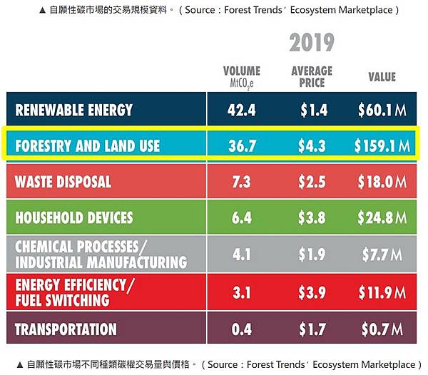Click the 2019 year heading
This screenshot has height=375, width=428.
pyautogui.click(x=312, y=42)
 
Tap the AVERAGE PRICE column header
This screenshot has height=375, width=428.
pyautogui.click(x=312, y=76)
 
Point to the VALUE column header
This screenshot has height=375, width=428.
pyautogui.click(x=382, y=76)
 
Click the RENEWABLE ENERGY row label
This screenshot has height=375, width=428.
pyautogui.click(x=74, y=110)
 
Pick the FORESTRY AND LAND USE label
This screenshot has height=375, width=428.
pyautogui.click(x=88, y=146)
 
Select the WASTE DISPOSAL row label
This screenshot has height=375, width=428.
pyautogui.click(x=63, y=182)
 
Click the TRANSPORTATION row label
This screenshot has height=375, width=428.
pyautogui.click(x=66, y=329)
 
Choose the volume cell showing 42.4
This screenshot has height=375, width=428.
pyautogui.click(x=242, y=110)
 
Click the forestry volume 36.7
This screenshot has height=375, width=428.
pyautogui.click(x=242, y=146)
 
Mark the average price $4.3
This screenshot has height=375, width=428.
pyautogui.click(x=312, y=146)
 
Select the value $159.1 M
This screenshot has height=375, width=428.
pyautogui.click(x=382, y=146)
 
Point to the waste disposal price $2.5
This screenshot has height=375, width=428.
pyautogui.click(x=312, y=182)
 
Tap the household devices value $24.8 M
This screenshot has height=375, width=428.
pyautogui.click(x=382, y=217)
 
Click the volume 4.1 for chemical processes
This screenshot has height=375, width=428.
pyautogui.click(x=242, y=254)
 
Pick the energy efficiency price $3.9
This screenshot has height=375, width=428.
pyautogui.click(x=312, y=291)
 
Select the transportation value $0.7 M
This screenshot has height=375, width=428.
pyautogui.click(x=383, y=329)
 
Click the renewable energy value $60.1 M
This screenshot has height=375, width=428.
pyautogui.click(x=382, y=110)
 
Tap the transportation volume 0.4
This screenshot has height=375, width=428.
pyautogui.click(x=242, y=329)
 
